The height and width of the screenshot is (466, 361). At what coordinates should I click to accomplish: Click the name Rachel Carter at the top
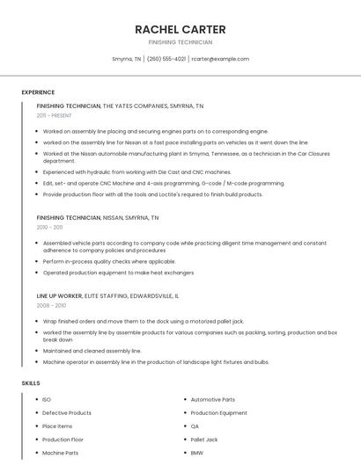[x=180, y=29]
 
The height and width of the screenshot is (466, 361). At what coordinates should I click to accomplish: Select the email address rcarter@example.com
[x=220, y=59]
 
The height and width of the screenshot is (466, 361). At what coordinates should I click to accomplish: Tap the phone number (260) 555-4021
[x=166, y=59]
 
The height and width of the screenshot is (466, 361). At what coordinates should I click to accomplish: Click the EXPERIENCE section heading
[x=38, y=91]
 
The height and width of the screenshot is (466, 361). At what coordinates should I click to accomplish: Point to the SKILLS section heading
[x=31, y=383]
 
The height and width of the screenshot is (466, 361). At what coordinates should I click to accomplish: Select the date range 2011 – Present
[x=54, y=115]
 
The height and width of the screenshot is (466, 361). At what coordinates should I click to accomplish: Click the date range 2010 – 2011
[x=49, y=227]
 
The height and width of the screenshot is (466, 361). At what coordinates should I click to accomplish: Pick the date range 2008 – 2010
[x=51, y=305]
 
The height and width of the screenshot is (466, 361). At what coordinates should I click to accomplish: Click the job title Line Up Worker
[x=58, y=296]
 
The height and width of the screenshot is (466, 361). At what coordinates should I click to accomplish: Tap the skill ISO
[x=47, y=400]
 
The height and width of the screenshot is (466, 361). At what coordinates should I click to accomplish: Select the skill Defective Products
[x=67, y=413]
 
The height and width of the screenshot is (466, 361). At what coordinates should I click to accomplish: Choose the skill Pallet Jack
[x=204, y=440]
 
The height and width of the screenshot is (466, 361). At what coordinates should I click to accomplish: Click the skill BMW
[x=197, y=453]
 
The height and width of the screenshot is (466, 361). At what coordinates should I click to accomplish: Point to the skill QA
[x=195, y=426]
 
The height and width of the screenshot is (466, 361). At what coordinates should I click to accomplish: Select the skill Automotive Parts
[x=212, y=400]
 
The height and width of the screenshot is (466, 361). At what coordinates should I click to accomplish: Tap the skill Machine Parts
[x=60, y=453]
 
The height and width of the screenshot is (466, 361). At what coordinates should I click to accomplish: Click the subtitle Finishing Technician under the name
[x=180, y=42]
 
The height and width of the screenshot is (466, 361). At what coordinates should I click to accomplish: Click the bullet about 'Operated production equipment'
[x=118, y=273]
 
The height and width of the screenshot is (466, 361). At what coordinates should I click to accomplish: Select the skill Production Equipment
[x=218, y=413]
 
